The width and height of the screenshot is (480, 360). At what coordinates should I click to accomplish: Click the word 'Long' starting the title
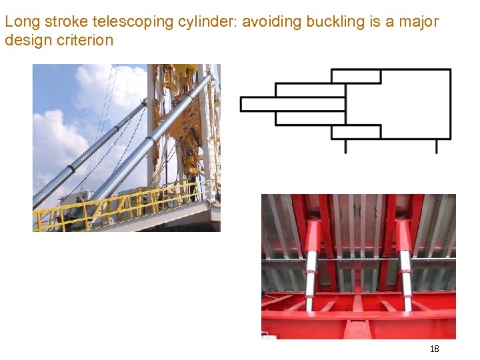pos(20,22)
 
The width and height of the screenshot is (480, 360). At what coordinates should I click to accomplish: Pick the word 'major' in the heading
pos(419,22)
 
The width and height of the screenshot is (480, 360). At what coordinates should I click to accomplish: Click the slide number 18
pos(434,349)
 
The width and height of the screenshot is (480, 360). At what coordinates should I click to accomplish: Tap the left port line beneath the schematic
pos(345,146)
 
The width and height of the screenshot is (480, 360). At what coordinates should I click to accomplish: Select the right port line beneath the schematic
pos(437,146)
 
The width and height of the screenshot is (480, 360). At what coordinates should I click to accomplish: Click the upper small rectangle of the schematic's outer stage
pos(357,76)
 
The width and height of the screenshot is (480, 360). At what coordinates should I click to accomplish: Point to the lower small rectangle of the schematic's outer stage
pos(357,131)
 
